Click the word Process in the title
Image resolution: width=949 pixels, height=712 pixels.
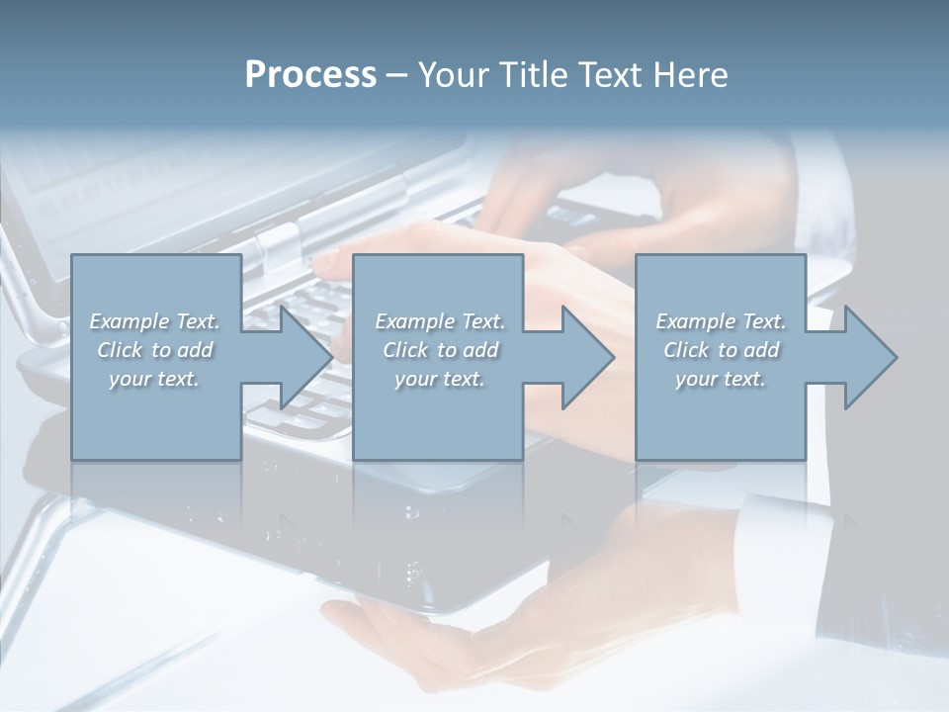tap(310, 75)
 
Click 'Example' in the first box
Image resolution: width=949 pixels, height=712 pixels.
tap(129, 321)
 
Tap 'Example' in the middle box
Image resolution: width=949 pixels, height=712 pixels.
tap(414, 321)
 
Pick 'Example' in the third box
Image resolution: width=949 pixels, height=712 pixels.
tap(695, 321)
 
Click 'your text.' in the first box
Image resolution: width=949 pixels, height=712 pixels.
tap(154, 379)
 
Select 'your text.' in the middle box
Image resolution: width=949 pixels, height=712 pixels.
tap(439, 379)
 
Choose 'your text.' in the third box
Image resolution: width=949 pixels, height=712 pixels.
tap(721, 379)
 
